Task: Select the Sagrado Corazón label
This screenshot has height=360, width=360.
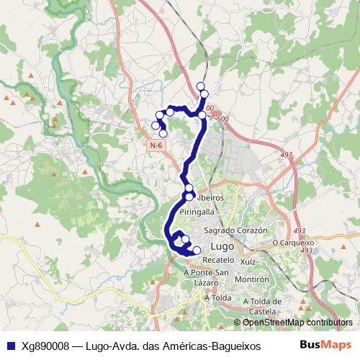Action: pyautogui.click(x=235, y=230)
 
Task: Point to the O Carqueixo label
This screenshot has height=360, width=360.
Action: pyautogui.click(x=294, y=243)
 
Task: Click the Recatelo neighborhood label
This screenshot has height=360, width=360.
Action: pyautogui.click(x=219, y=258)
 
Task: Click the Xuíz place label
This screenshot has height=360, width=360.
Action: pyautogui.click(x=248, y=263)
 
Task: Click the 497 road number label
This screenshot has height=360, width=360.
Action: pyautogui.click(x=287, y=155)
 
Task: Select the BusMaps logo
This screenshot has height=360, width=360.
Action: pyautogui.click(x=325, y=345)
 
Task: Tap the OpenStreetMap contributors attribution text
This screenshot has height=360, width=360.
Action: pyautogui.click(x=297, y=323)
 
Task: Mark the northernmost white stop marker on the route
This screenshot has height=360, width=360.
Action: pyautogui.click(x=201, y=86)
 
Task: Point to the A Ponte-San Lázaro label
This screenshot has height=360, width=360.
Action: pyautogui.click(x=206, y=277)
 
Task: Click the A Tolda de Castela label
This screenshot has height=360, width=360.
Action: pyautogui.click(x=262, y=306)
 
